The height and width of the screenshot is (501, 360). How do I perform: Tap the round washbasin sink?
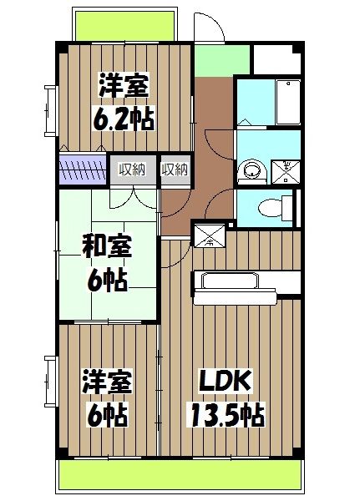(x=249, y=172)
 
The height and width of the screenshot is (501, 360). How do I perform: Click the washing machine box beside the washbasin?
(x=283, y=170)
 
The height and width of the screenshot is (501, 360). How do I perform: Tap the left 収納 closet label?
(x=131, y=170)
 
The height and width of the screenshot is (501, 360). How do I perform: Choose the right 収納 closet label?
(x=174, y=170)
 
